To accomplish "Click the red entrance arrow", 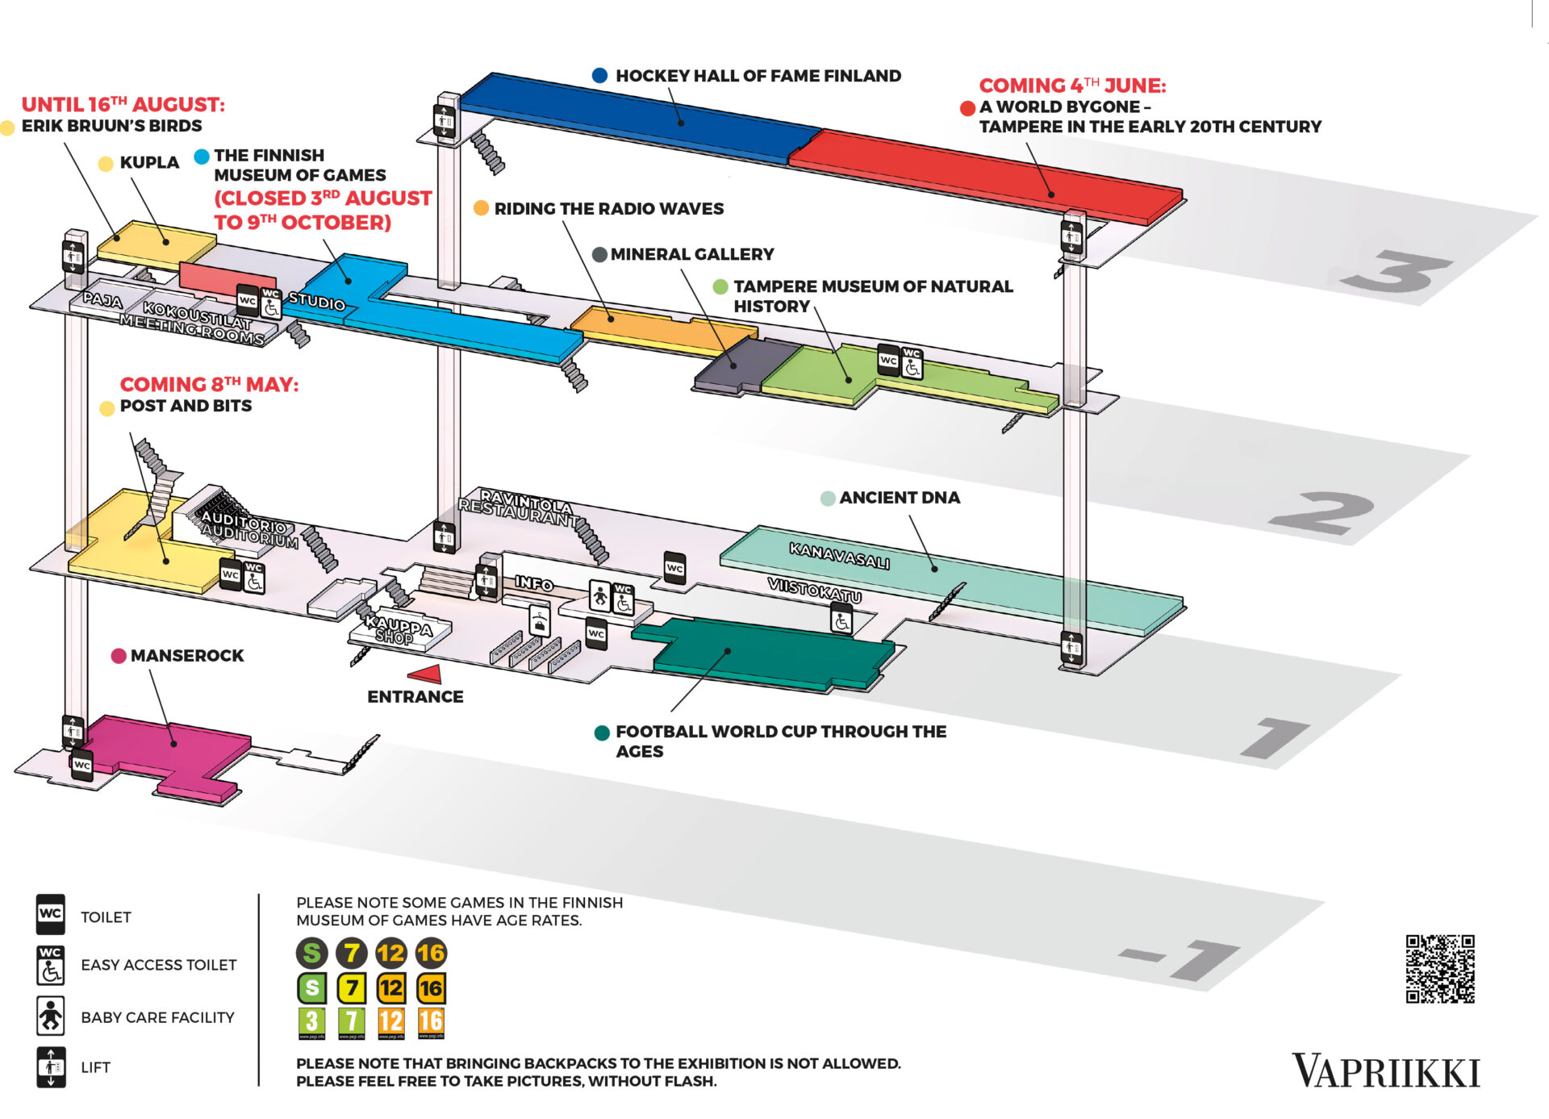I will click(x=425, y=673).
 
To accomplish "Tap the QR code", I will click(x=1440, y=968).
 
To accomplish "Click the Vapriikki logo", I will click(x=1385, y=1071).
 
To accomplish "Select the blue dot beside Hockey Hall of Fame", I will click(x=599, y=75).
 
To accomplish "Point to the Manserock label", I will click(x=186, y=656).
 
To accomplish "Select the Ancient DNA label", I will click(x=899, y=498).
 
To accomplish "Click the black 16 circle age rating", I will click(x=430, y=953).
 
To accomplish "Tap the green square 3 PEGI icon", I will click(x=311, y=1022).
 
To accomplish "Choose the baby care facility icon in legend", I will click(x=51, y=1016).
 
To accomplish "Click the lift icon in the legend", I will click(x=51, y=1067).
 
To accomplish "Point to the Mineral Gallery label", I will click(x=691, y=254).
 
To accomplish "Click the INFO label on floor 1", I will click(x=534, y=582).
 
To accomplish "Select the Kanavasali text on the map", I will click(x=839, y=556).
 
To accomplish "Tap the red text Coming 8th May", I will click(x=209, y=385).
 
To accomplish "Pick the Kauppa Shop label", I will click(x=399, y=631).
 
